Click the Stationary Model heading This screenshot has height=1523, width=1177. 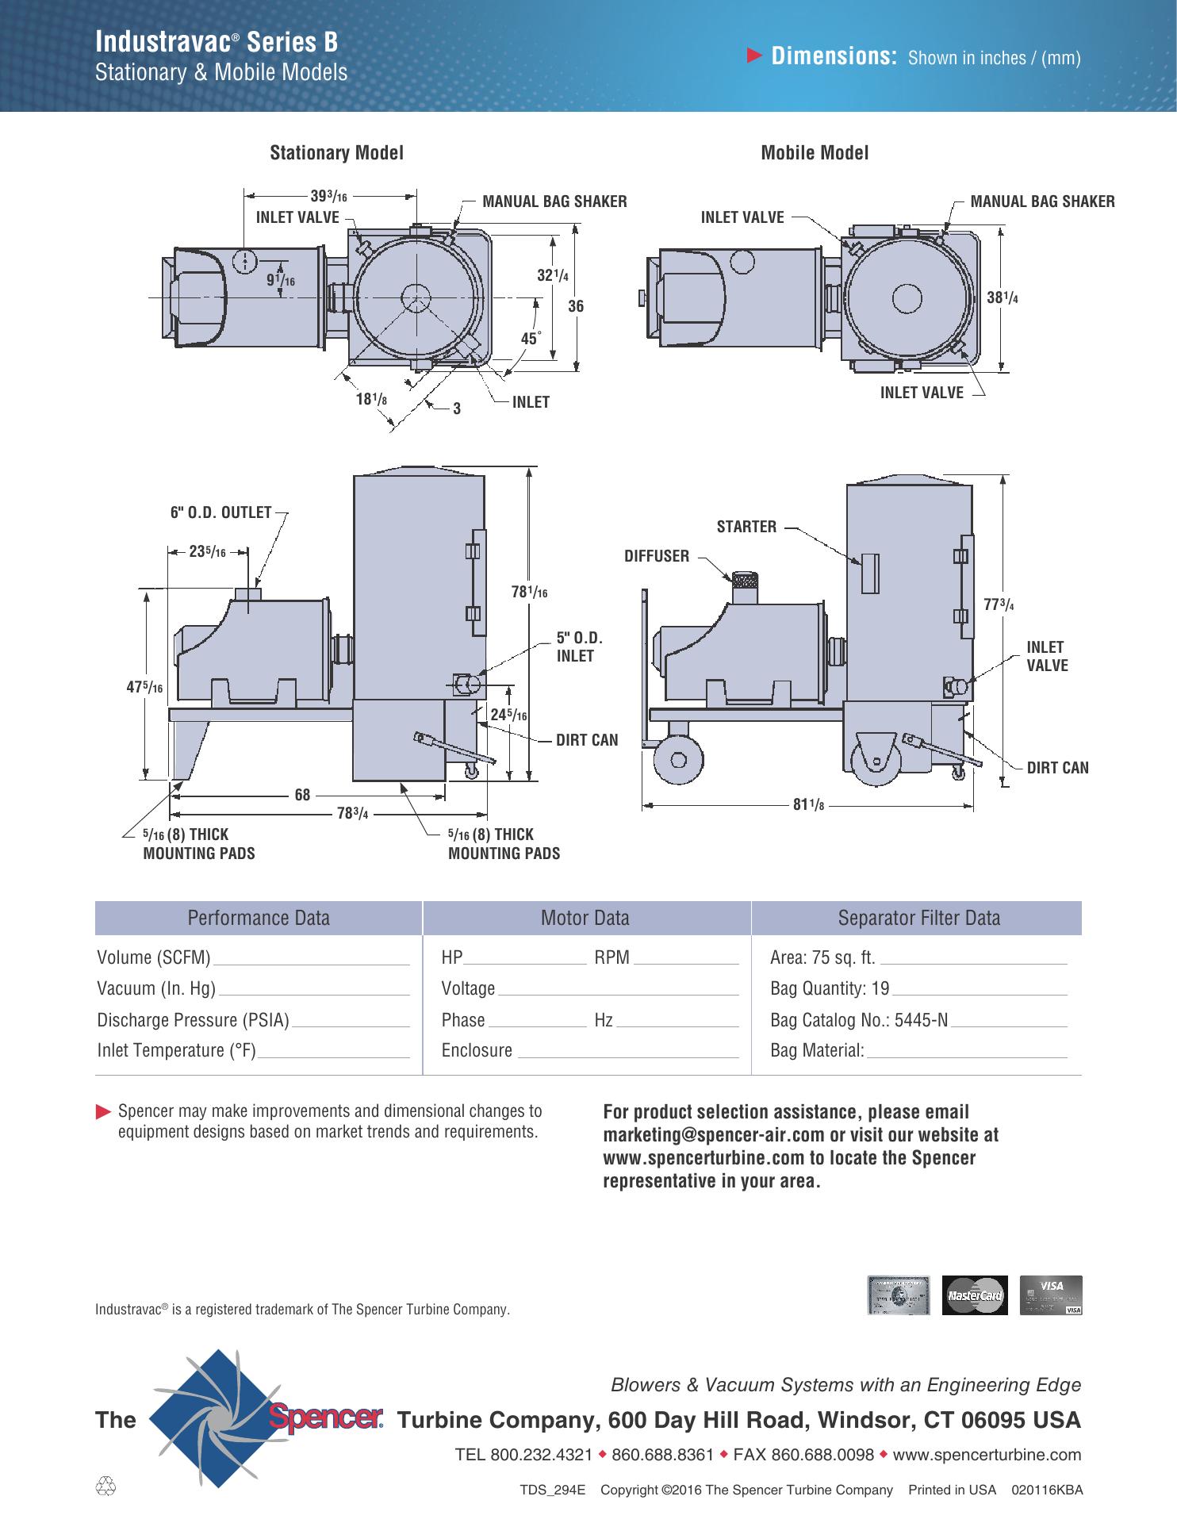click(x=336, y=152)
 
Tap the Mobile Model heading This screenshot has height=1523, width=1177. click(x=815, y=152)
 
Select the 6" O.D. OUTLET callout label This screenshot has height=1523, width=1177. click(x=221, y=512)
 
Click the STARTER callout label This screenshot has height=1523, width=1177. click(x=746, y=527)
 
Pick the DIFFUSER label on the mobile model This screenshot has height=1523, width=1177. click(x=657, y=556)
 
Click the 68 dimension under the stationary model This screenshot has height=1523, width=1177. click(x=302, y=793)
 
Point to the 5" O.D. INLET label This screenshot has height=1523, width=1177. click(x=579, y=646)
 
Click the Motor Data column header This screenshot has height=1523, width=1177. click(x=585, y=918)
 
